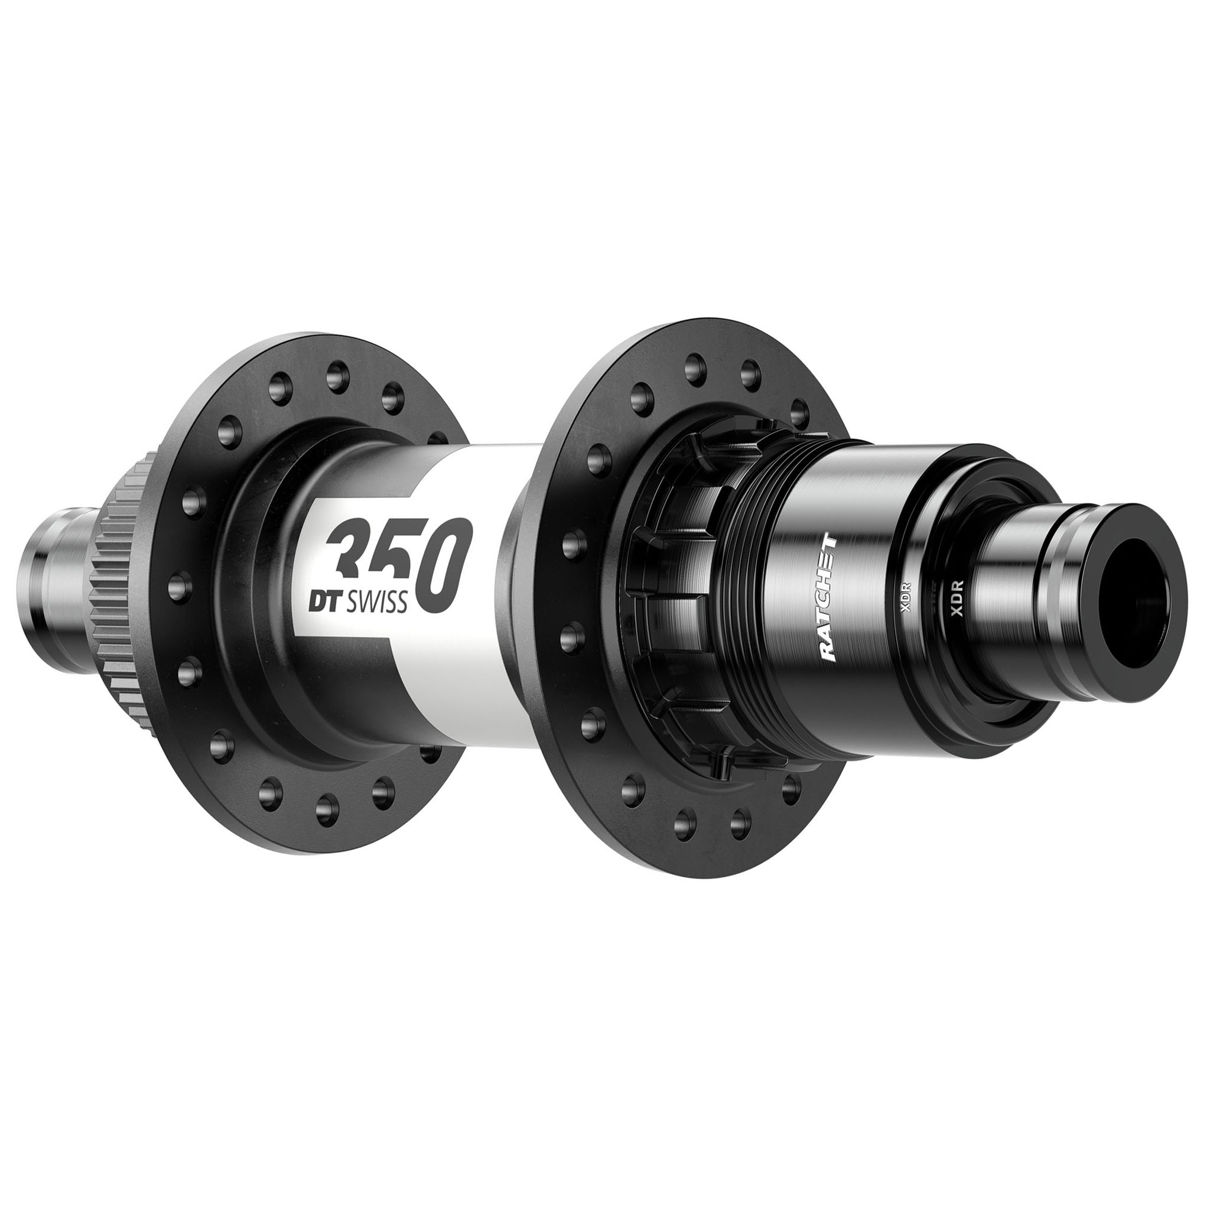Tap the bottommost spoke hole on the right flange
(x=687, y=820)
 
